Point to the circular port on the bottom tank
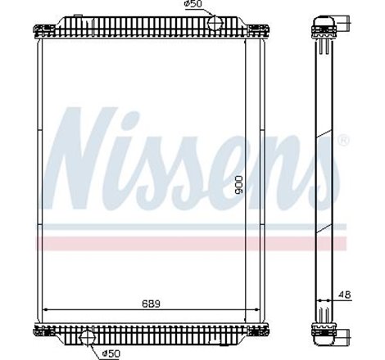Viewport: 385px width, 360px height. coord(88,335)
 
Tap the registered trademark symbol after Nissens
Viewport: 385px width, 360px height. coord(342,140)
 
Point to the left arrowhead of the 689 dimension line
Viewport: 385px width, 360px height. coord(45,309)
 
